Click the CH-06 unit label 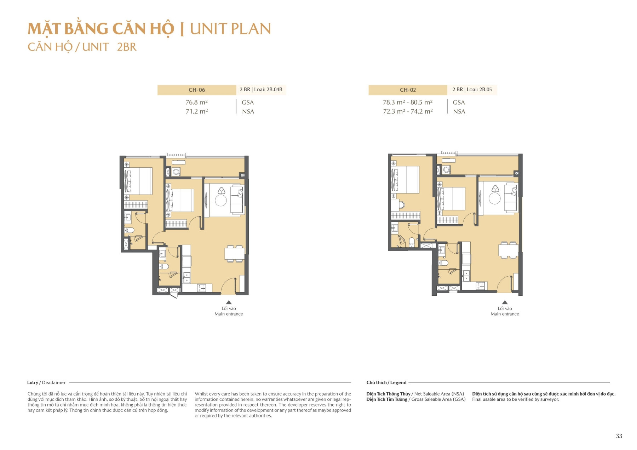[x=197, y=90]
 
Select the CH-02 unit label [x=408, y=90]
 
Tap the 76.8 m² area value [x=196, y=102]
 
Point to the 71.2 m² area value [x=196, y=111]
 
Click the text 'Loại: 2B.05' [x=479, y=90]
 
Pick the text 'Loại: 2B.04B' [x=268, y=90]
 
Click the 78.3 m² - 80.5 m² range [x=407, y=102]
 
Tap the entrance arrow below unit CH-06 [x=229, y=302]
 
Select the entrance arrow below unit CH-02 [x=505, y=302]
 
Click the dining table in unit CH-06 [x=234, y=254]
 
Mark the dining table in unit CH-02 [x=508, y=250]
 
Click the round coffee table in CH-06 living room [x=221, y=201]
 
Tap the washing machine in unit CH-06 [x=176, y=172]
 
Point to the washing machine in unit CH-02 [x=447, y=170]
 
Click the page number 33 [x=619, y=436]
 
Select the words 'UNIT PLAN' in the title [x=230, y=29]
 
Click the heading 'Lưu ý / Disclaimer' [x=46, y=382]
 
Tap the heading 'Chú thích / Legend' [x=386, y=382]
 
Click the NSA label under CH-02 [x=459, y=111]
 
